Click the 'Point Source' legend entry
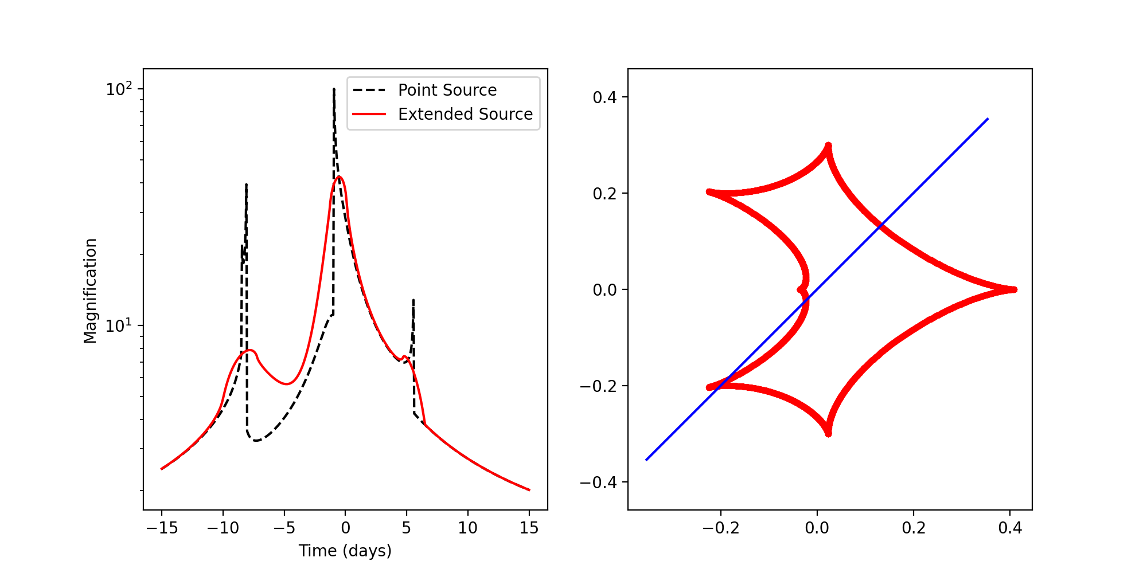pyautogui.click(x=447, y=90)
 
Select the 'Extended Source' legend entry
pyautogui.click(x=465, y=114)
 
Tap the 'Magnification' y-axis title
pyautogui.click(x=91, y=291)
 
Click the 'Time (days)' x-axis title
pyautogui.click(x=345, y=551)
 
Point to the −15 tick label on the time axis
pyautogui.click(x=162, y=528)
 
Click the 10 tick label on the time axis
pyautogui.click(x=468, y=528)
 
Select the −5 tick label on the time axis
pyautogui.click(x=284, y=528)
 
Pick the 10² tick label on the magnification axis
pyautogui.click(x=119, y=89)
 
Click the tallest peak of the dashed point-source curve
pyautogui.click(x=334, y=89)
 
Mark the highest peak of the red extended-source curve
pyautogui.click(x=339, y=177)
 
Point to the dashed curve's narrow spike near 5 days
pyautogui.click(x=413, y=300)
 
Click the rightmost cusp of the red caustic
pyautogui.click(x=1014, y=289)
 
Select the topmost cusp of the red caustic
pyautogui.click(x=828, y=146)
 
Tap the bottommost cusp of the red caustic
pyautogui.click(x=828, y=434)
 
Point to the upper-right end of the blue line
pyautogui.click(x=988, y=119)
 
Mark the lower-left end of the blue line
pyautogui.click(x=646, y=460)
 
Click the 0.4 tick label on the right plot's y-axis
pyautogui.click(x=604, y=97)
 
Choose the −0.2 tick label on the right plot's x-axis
pyautogui.click(x=721, y=528)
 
